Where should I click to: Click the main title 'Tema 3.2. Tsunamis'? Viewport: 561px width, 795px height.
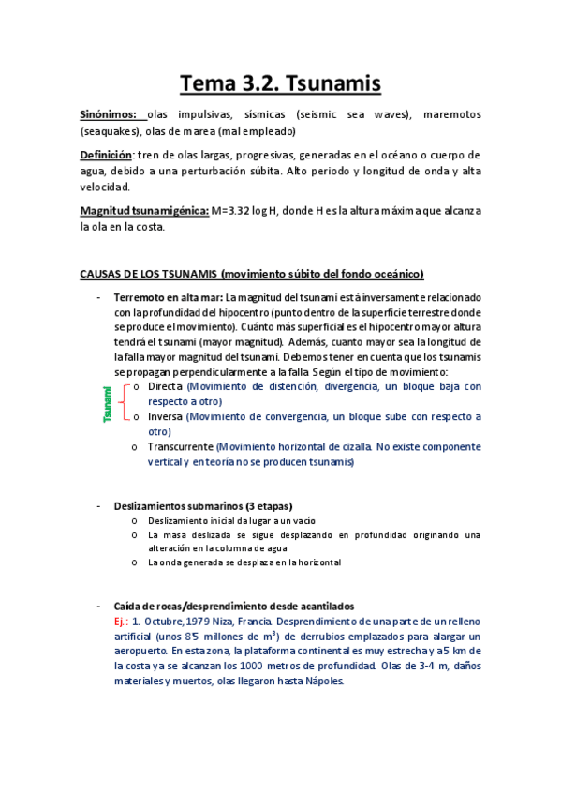[280, 84]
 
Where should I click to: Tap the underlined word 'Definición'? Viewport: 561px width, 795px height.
[107, 155]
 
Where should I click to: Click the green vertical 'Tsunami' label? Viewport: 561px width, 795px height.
[108, 401]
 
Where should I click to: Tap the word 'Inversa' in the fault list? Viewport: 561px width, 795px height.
[166, 416]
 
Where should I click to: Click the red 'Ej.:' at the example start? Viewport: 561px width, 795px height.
[120, 621]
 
